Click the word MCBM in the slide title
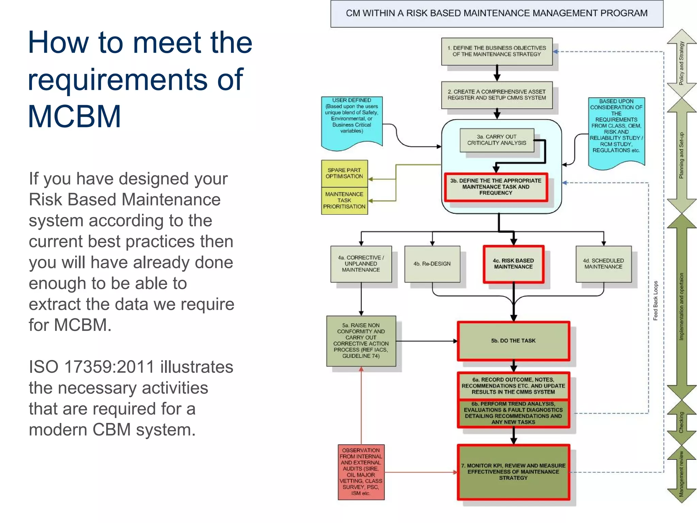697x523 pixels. point(74,117)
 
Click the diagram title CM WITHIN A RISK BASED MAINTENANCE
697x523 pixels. point(497,13)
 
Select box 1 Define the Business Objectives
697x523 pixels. point(497,51)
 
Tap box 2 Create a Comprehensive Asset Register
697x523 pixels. point(497,95)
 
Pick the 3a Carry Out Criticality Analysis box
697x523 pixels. point(497,140)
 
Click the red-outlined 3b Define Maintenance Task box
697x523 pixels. point(496,187)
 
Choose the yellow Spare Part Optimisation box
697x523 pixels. point(344,173)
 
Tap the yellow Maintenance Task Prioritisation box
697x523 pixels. point(344,201)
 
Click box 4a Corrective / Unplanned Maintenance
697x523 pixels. point(361,264)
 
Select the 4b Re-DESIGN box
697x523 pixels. point(432,264)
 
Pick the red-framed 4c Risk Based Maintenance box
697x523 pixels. point(513,264)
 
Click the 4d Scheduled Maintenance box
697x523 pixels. point(603,264)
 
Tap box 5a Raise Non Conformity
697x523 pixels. point(361,341)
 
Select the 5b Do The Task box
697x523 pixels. point(513,341)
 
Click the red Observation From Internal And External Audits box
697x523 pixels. point(361,472)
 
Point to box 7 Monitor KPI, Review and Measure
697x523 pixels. point(513,472)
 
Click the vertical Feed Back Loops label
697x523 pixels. point(655,301)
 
